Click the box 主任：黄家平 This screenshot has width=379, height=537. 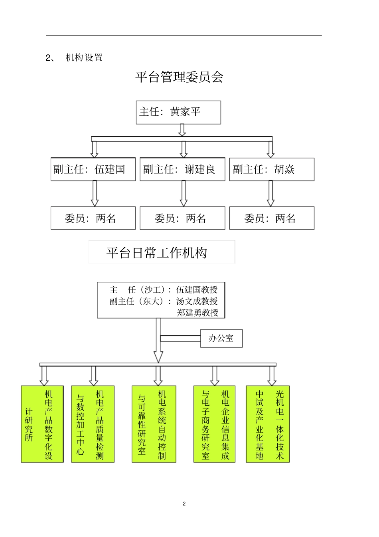(178, 112)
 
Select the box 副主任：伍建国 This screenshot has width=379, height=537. (93, 169)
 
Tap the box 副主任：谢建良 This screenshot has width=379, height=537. (182, 169)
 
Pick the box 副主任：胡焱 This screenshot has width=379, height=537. (272, 169)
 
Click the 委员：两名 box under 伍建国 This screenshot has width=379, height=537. (93, 218)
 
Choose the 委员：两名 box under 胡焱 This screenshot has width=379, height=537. (272, 218)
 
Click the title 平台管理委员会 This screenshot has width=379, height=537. (179, 77)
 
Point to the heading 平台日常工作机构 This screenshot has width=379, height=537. (157, 253)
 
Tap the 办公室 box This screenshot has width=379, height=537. (221, 338)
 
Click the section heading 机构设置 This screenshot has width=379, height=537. (84, 58)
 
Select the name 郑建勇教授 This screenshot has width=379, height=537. (198, 313)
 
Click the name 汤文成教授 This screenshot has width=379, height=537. (197, 301)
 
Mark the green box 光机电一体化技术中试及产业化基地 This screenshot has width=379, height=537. (268, 424)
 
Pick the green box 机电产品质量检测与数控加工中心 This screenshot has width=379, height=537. (93, 424)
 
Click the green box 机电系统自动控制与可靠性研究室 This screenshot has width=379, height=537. (154, 424)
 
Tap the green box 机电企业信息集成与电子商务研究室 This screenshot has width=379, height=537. (214, 424)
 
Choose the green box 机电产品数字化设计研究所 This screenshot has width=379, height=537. (42, 424)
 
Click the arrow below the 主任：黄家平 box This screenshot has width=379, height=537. (182, 130)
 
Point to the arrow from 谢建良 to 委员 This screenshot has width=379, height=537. (184, 193)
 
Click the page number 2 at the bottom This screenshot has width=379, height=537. (184, 503)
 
